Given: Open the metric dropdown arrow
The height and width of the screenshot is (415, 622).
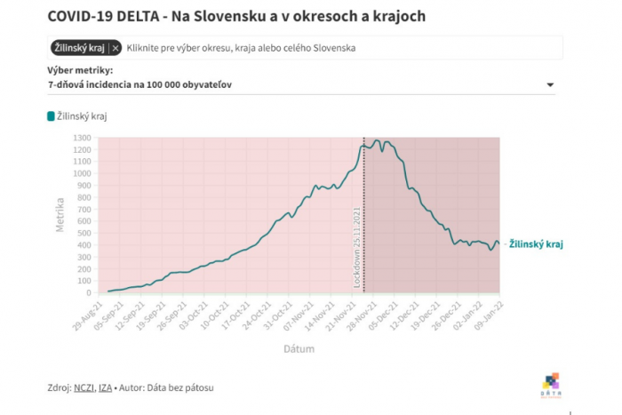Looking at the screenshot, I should coord(551,85).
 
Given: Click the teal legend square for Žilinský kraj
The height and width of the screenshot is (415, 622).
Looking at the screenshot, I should coord(51,116).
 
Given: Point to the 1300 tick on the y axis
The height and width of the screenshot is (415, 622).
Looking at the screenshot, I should coord(82,138).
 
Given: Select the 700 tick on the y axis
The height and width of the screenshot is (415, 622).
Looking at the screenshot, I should coord(84,210).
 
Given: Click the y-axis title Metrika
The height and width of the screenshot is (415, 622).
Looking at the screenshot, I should coord(60,216).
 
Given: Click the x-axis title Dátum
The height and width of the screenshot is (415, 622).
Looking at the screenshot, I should coord(299,349).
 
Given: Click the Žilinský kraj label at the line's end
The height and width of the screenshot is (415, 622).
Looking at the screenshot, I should coord(536,243).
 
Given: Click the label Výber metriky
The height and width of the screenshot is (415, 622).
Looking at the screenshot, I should coord(80,69).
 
